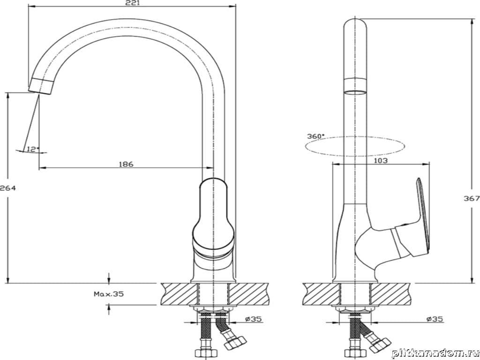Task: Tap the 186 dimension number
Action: pyautogui.click(x=126, y=164)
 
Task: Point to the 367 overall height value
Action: pyautogui.click(x=472, y=198)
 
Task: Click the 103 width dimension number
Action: pyautogui.click(x=381, y=160)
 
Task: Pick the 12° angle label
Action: pyautogui.click(x=32, y=149)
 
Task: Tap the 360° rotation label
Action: pyautogui.click(x=315, y=136)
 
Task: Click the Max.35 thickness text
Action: pyautogui.click(x=108, y=294)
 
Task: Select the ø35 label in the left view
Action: pyautogui.click(x=253, y=320)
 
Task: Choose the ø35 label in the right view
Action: pyautogui.click(x=435, y=320)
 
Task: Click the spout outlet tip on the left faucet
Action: pyautogui.click(x=39, y=87)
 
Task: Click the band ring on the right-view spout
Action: pyautogui.click(x=354, y=85)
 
